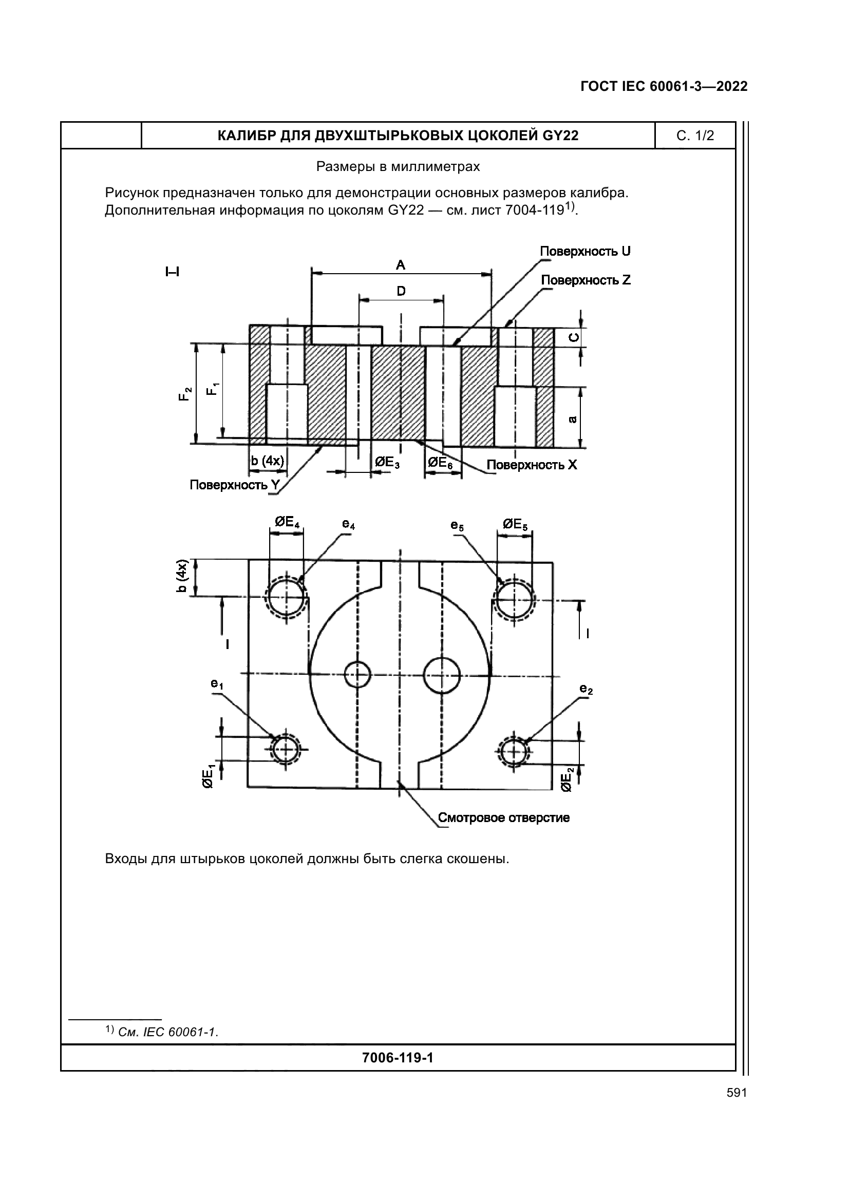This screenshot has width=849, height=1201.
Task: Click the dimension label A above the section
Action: point(400,265)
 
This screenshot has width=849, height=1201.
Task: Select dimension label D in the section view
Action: point(401,291)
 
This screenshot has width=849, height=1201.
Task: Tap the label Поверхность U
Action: point(585,252)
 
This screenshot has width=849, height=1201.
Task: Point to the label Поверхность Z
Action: point(586,280)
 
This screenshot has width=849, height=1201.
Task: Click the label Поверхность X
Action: point(532,465)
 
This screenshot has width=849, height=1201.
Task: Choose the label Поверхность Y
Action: point(235,485)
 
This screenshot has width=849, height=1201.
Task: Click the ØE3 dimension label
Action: point(388,463)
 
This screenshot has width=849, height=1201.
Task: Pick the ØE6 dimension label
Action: point(440,463)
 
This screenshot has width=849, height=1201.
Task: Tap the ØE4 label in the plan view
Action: point(287,522)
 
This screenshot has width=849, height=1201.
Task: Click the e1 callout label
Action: point(217,683)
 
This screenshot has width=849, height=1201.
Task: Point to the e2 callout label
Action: point(586,690)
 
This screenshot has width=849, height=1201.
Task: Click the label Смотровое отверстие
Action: point(503,817)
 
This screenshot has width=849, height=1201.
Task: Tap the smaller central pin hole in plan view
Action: point(358,675)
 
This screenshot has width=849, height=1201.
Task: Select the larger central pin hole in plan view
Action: point(442,675)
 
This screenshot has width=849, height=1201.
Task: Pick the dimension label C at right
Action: point(574,337)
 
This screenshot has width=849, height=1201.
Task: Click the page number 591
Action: point(737,1093)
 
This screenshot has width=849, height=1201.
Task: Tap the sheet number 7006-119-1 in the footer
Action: point(398,1058)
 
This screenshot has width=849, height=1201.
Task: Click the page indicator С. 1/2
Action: point(695,136)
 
